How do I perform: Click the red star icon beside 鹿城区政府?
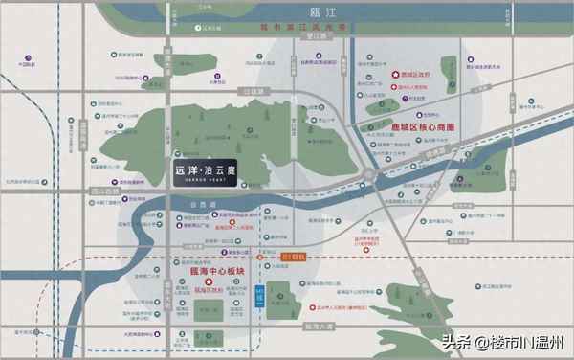393,75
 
